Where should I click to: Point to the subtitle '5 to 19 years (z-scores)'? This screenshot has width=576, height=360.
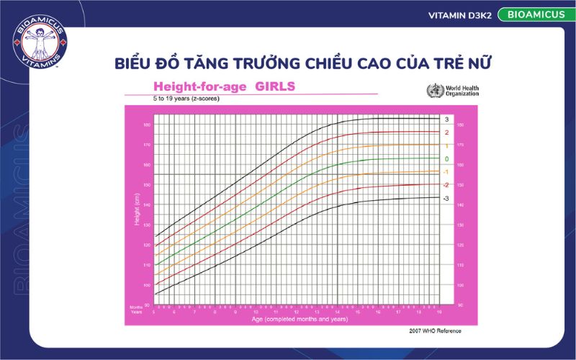[x=186, y=99]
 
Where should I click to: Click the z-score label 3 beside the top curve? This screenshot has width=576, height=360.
[x=446, y=119]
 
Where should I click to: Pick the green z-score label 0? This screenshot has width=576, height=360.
[x=446, y=158]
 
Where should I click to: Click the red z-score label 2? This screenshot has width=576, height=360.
[x=446, y=132]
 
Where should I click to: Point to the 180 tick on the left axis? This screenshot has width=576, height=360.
[x=147, y=125]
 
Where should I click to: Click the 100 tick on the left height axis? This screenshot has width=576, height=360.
[x=147, y=285]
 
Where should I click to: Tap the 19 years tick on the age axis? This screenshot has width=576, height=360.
[x=438, y=312]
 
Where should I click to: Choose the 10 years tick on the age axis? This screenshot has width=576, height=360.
[x=255, y=312]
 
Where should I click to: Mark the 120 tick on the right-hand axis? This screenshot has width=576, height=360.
[x=460, y=246]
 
